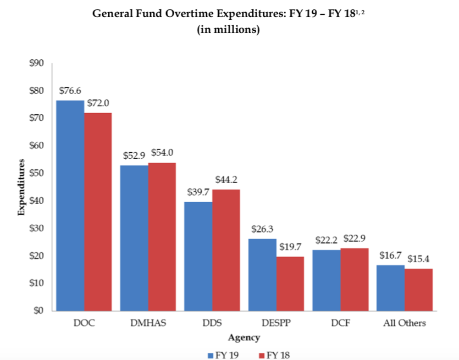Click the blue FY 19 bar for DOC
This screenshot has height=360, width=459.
(70, 206)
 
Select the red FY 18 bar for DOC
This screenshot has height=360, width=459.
(98, 212)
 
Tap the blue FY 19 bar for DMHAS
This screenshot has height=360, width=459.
(134, 238)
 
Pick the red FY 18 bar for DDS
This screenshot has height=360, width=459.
(226, 250)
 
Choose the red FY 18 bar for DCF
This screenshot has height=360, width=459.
(354, 279)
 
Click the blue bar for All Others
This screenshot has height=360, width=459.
(391, 288)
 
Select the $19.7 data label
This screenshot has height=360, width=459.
(290, 247)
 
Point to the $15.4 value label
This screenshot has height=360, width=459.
(418, 259)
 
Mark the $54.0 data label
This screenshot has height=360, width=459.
(162, 153)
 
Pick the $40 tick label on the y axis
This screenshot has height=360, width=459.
(36, 201)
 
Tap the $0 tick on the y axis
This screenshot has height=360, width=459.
(38, 311)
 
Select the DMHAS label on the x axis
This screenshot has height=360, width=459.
(147, 323)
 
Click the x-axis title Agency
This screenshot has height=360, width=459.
(244, 337)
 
